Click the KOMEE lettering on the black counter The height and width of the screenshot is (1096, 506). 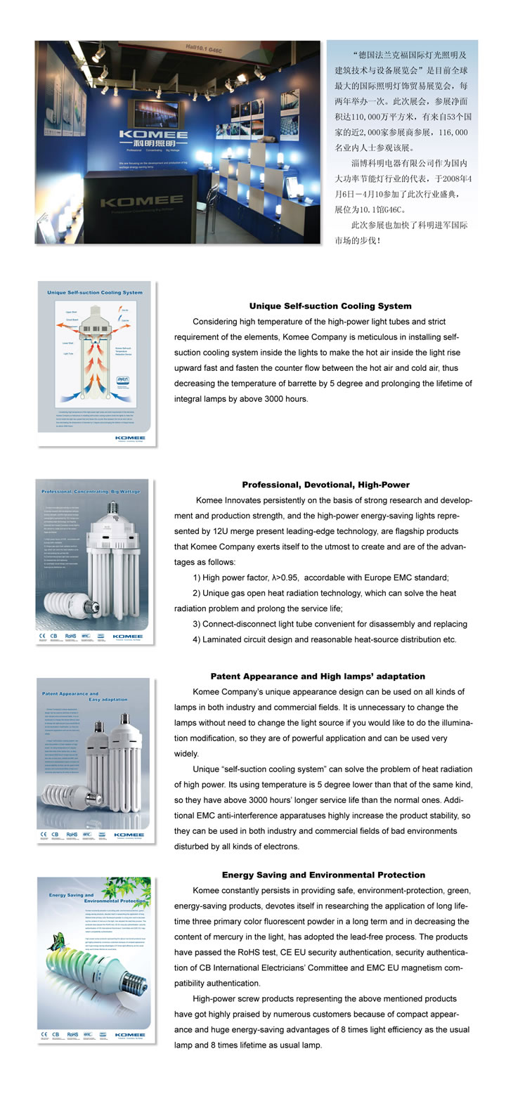click(143, 202)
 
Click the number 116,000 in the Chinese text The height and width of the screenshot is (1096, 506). click(451, 132)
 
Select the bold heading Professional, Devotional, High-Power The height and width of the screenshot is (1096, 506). click(325, 485)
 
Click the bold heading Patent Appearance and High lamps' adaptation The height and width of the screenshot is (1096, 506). click(318, 676)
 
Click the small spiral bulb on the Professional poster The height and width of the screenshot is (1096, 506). click(65, 605)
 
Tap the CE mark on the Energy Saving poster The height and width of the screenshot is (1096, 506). click(44, 1035)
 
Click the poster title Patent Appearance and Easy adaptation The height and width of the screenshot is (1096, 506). click(84, 696)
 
